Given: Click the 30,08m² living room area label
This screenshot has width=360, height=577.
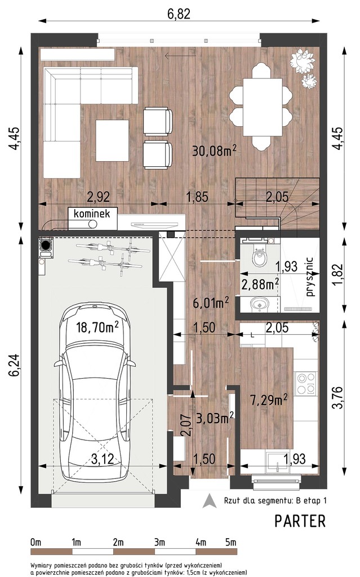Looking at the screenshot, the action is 214,150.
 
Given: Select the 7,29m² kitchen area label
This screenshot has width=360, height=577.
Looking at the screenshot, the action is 269,400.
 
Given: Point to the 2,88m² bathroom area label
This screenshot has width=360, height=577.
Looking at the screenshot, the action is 260,285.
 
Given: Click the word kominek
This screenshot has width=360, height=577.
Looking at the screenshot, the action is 92,214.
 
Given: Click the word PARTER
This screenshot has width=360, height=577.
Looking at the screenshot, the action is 300,521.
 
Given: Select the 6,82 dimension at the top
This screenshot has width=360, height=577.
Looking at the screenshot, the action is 179,14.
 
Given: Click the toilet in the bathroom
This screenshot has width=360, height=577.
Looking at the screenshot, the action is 260,257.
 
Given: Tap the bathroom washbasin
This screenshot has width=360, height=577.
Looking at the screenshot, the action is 260,304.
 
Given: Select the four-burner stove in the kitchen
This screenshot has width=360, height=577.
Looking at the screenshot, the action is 306,383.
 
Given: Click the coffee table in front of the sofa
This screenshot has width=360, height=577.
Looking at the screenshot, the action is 112,140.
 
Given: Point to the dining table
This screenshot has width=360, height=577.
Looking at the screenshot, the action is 263,108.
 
